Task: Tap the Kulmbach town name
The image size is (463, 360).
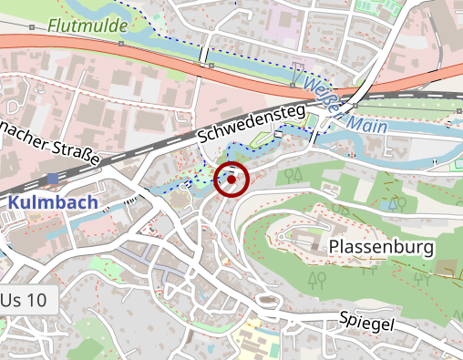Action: click(x=54, y=201)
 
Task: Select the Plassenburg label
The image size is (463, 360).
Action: click(x=382, y=247)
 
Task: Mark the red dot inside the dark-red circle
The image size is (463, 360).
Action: click(x=231, y=180)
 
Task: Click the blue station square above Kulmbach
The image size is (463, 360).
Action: click(x=52, y=179)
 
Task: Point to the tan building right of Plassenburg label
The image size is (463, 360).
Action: click(x=447, y=267)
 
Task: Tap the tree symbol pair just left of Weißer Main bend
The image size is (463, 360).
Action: click(x=293, y=173)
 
